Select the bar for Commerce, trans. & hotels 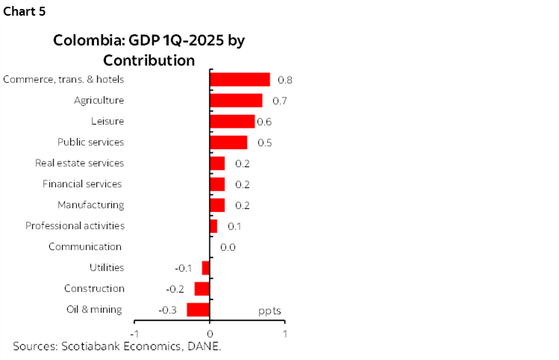240,80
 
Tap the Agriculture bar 236,100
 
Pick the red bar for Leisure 232,121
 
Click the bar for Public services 228,142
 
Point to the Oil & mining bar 199,310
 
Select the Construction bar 202,289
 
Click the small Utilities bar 206,268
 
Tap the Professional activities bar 213,226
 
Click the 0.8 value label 284,80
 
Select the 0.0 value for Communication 228,247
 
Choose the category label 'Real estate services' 80,163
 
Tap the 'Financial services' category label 82,184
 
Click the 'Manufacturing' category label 91,205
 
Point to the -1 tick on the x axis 134,332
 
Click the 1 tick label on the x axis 285,332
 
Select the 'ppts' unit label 269,310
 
